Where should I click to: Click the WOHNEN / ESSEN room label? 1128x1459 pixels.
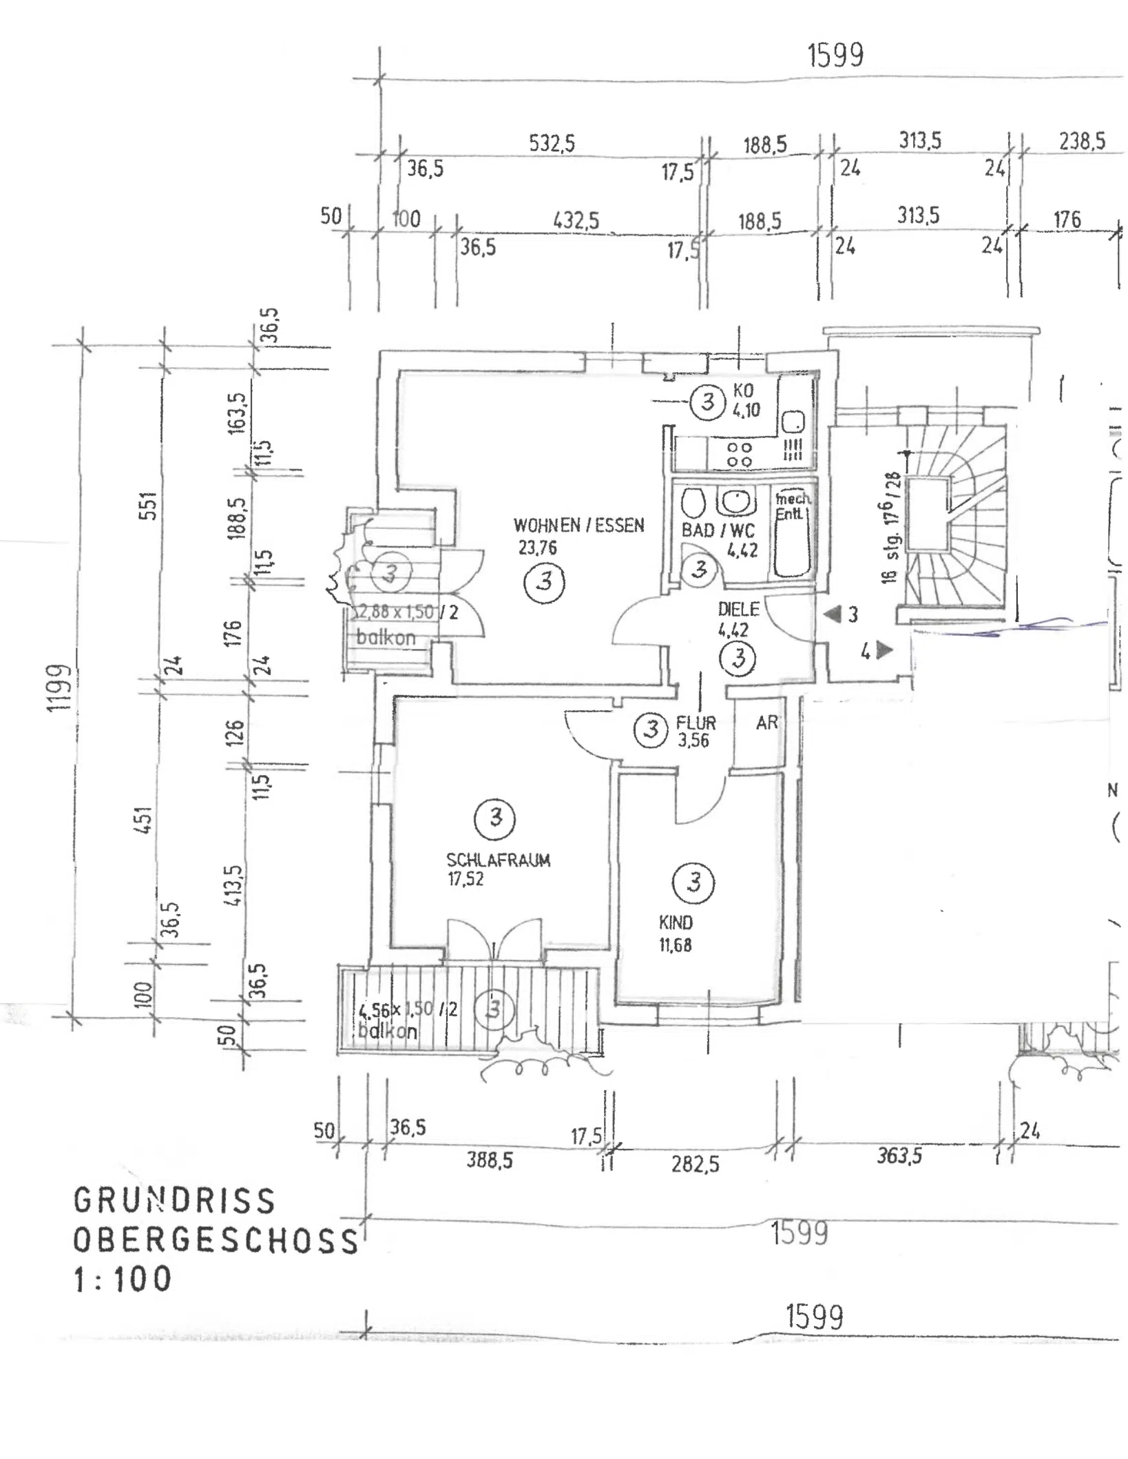[578, 526]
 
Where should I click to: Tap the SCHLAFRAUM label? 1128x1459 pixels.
[498, 860]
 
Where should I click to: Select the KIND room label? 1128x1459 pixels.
[676, 923]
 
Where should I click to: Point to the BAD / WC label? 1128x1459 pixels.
[718, 530]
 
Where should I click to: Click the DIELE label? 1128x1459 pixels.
[738, 609]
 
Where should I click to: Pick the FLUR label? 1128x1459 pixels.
[696, 723]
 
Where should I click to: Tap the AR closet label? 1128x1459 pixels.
[766, 723]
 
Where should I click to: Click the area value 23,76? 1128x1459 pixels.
[537, 548]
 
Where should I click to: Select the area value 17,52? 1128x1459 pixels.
[466, 879]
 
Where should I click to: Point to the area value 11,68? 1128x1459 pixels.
[675, 945]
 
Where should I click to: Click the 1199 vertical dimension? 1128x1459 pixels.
[60, 687]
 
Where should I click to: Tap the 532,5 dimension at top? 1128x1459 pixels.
[552, 143]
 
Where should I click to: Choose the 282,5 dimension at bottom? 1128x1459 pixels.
[695, 1164]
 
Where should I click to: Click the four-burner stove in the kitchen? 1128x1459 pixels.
[740, 454]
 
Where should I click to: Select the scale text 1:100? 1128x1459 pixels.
[123, 1279]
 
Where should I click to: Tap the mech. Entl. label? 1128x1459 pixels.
[792, 506]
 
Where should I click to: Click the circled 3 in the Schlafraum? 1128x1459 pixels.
[495, 818]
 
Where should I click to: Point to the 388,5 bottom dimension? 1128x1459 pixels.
[489, 1160]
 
